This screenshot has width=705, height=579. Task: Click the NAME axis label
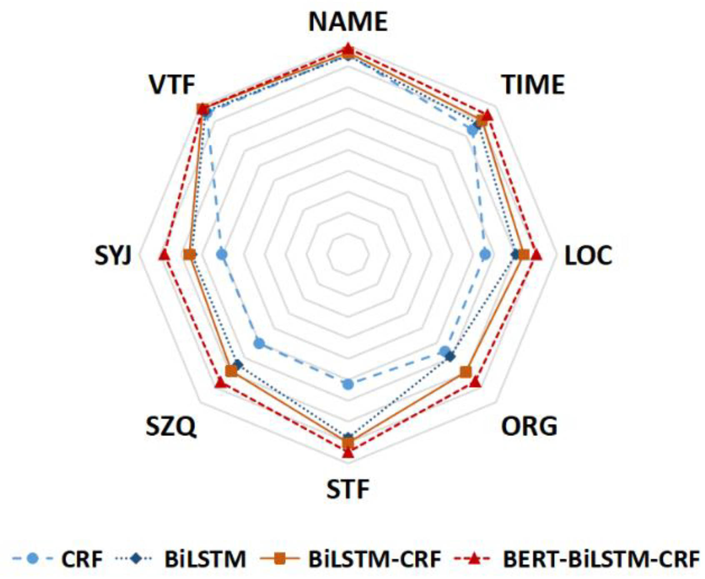coord(348,22)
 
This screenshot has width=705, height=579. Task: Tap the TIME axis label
coord(533,85)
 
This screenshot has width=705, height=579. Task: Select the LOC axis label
coord(588,256)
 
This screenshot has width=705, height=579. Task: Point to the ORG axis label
coord(529,426)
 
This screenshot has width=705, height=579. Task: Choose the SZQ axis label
coord(171,426)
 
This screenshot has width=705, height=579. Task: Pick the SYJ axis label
coord(113,256)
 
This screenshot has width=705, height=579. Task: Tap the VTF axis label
coord(172,85)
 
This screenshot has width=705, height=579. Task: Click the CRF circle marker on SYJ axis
coord(222,254)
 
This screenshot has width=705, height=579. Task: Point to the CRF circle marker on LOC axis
coord(485,254)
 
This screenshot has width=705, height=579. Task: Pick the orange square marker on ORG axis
coord(466,372)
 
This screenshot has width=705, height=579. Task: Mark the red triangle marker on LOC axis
coord(536,254)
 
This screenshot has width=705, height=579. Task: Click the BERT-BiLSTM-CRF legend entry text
coord(601,559)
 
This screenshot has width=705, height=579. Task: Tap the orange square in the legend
coord(280,559)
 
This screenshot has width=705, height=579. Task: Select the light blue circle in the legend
coord(32,559)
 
